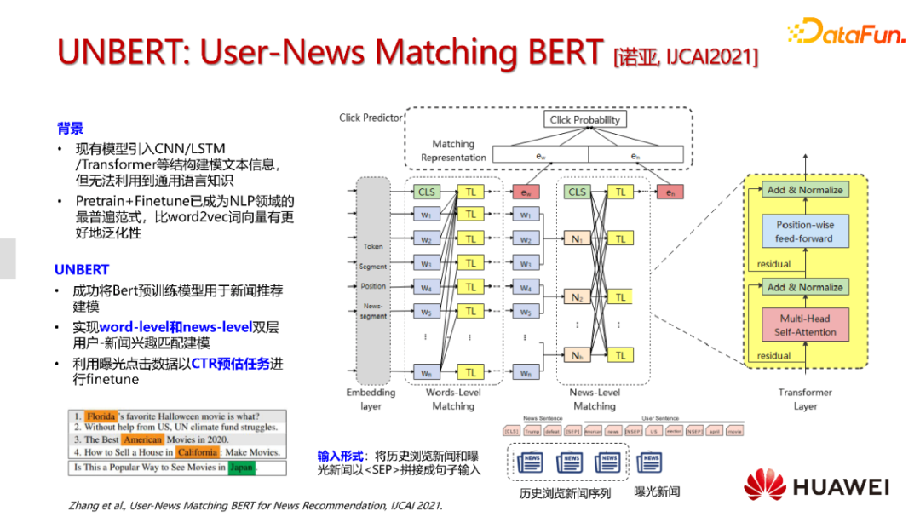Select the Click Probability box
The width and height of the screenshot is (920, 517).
[x=584, y=119]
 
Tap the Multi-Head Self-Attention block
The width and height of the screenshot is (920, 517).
[x=805, y=325]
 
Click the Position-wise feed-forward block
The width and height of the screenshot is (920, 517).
[x=805, y=232]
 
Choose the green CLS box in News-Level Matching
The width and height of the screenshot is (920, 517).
[x=578, y=192]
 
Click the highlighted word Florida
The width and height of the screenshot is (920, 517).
[x=101, y=416]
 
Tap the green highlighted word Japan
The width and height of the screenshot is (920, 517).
[x=242, y=468]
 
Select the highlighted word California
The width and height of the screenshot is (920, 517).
[x=198, y=452]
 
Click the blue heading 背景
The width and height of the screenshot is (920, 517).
[x=70, y=129]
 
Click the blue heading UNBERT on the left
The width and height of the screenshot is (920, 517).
[x=82, y=269]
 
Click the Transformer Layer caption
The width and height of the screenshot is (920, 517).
[x=805, y=399]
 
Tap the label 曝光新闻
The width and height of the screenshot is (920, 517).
[x=658, y=491]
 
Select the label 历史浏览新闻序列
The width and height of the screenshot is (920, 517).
[x=566, y=492]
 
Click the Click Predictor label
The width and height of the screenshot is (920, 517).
[x=370, y=118]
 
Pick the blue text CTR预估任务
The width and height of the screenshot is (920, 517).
[x=230, y=364]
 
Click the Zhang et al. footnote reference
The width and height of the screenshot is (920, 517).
[x=256, y=505]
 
